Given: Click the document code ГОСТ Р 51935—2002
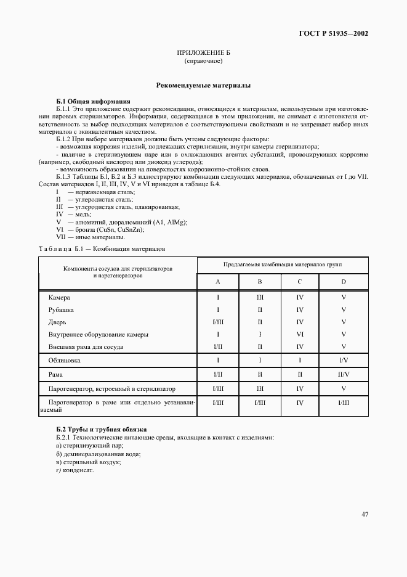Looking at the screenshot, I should [x=335, y=34].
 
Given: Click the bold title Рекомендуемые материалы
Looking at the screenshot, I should [x=203, y=86].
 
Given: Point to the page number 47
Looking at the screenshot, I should [x=365, y=514].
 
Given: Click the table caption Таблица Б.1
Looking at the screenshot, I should [x=102, y=248].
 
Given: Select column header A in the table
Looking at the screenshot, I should [x=218, y=281].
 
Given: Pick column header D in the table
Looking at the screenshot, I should [x=344, y=281].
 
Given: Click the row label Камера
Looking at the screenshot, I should [x=59, y=297].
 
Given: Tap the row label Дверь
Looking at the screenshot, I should [x=57, y=322].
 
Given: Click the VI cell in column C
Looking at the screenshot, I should [x=300, y=334].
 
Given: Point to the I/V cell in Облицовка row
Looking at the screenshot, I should [x=344, y=359].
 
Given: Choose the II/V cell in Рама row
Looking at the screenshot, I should [x=344, y=374].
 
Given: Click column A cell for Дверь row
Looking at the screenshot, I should [x=218, y=322].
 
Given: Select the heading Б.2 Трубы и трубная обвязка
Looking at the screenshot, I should [x=101, y=429].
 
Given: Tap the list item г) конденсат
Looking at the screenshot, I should [x=75, y=470].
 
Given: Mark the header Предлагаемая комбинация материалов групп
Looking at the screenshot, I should [x=282, y=264].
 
